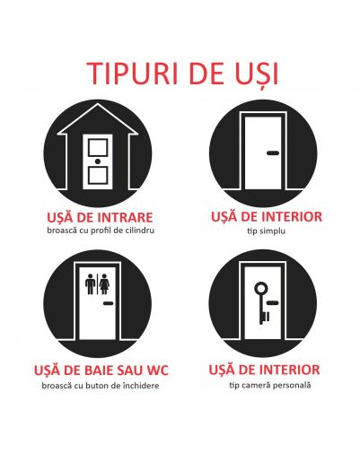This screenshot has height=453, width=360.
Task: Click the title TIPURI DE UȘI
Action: coord(182,74)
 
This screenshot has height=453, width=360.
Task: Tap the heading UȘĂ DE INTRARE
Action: coord(100,217)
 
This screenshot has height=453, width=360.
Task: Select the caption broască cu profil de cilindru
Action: coord(101,231)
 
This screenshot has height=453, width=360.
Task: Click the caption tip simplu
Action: coord(266,231)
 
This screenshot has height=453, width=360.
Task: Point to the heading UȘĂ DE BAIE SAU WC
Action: coord(101,370)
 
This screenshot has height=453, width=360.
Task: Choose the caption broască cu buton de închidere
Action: coord(101,385)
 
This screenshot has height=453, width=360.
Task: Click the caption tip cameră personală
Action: coord(270,385)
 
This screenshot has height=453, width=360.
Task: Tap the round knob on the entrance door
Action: coord(98,161)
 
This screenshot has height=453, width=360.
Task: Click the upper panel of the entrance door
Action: coord(98,148)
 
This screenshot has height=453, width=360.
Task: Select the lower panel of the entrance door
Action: coord(98,175)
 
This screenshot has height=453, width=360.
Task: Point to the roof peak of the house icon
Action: coord(98,104)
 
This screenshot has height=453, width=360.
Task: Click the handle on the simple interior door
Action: coord(273,153)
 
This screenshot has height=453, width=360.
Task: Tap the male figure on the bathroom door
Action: coord(90,283)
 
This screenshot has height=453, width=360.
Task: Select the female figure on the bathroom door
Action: coord(104,283)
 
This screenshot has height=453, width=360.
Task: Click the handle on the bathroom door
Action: coord(109,303)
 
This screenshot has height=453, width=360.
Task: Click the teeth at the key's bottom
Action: coord(266,317)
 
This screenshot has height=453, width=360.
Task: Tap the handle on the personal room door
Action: coord(273,303)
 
